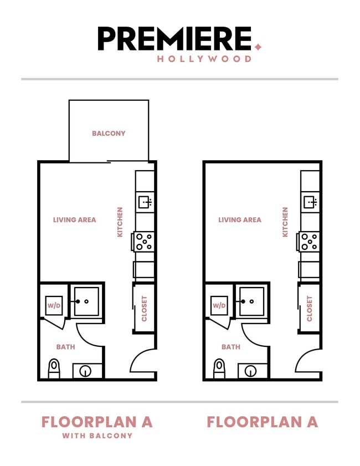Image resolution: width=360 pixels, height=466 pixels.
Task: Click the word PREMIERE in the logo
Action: [x=174, y=39]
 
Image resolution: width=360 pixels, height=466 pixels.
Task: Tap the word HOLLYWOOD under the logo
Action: [x=204, y=59]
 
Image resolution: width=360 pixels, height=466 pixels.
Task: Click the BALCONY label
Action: [x=109, y=134]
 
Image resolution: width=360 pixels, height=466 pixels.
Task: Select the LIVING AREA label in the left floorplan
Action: [x=74, y=220]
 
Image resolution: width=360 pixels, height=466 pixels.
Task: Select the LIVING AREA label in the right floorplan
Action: [x=239, y=220]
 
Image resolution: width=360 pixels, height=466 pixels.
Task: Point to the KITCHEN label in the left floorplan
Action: [x=120, y=222]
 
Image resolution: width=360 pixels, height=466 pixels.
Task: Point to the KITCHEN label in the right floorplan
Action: [x=285, y=222]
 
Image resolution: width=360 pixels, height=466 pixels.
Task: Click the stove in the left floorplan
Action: [x=144, y=242]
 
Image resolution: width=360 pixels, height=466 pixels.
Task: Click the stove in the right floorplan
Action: [x=309, y=242]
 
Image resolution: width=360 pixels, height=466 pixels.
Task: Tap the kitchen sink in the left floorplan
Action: [x=145, y=202]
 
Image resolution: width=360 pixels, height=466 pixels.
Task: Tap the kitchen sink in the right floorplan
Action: [x=310, y=202]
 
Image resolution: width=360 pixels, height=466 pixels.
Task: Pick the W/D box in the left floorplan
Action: [x=54, y=305]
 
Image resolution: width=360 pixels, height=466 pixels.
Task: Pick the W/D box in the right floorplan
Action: [x=219, y=305]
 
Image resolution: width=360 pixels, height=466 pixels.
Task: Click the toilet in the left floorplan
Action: [x=54, y=368]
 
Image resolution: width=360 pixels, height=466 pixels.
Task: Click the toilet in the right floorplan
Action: [x=219, y=368]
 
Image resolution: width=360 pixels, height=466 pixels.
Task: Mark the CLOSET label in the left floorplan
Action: [x=145, y=309]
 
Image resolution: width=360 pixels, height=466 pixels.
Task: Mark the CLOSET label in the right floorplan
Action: [x=310, y=309]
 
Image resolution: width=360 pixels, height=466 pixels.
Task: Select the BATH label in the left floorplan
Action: [x=65, y=347]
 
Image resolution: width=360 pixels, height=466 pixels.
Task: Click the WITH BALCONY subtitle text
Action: [x=97, y=436]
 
